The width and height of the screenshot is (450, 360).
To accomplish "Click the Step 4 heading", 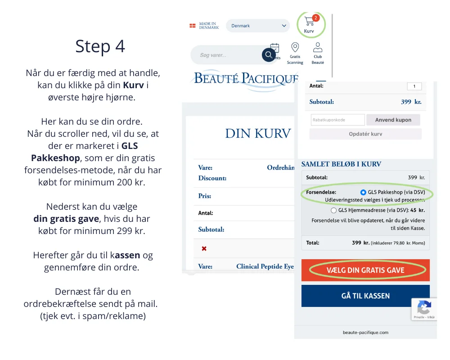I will pyautogui.click(x=100, y=46).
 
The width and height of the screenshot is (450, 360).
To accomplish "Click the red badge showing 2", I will pyautogui.click(x=315, y=18).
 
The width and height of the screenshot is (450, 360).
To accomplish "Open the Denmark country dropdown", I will pyautogui.click(x=258, y=26).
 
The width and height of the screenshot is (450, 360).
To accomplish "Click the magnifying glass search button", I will pyautogui.click(x=269, y=55).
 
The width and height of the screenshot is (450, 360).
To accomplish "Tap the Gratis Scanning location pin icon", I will pyautogui.click(x=295, y=48).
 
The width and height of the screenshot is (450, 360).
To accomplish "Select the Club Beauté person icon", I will pyautogui.click(x=318, y=48).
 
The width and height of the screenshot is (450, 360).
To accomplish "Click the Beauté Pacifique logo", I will pyautogui.click(x=246, y=79).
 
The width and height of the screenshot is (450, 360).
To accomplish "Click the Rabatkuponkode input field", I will pyautogui.click(x=337, y=120).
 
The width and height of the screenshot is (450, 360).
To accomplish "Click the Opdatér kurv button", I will pyautogui.click(x=365, y=134).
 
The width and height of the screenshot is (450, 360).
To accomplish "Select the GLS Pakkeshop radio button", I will pyautogui.click(x=364, y=192).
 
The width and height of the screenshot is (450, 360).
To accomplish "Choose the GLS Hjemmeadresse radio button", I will pyautogui.click(x=333, y=210).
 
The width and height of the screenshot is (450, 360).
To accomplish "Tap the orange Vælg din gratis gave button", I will pyautogui.click(x=365, y=270).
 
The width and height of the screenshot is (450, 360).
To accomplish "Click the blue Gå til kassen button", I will pyautogui.click(x=365, y=296).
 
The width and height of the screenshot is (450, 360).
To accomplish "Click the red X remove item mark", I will pyautogui.click(x=204, y=248).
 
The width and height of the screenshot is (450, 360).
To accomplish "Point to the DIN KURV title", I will pyautogui.click(x=258, y=134).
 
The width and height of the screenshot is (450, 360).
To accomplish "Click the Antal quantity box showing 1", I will pyautogui.click(x=414, y=86).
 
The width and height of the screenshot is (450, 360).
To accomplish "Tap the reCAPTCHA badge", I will pyautogui.click(x=424, y=309).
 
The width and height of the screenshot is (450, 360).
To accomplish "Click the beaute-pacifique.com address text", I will pyautogui.click(x=365, y=333).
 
